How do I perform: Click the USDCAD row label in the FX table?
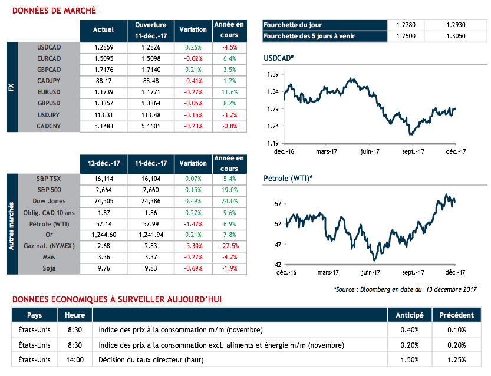coord(49,47)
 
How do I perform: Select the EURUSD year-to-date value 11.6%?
coord(229,93)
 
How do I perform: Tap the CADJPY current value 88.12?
coord(104,81)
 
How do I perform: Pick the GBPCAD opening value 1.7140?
coord(151,70)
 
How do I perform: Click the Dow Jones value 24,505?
coord(104,200)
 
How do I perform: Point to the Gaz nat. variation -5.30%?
coord(193,245)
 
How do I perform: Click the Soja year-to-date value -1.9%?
coord(229,268)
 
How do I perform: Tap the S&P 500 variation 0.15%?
coord(193,189)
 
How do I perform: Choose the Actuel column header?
coord(104,29)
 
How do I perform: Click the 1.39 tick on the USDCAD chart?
coord(272,75)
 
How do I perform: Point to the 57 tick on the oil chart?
coord(275,204)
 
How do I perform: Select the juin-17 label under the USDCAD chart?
coord(370,151)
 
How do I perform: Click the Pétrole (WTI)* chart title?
coord(287,179)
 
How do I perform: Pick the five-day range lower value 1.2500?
coord(407,37)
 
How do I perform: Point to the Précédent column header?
coord(457,315)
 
